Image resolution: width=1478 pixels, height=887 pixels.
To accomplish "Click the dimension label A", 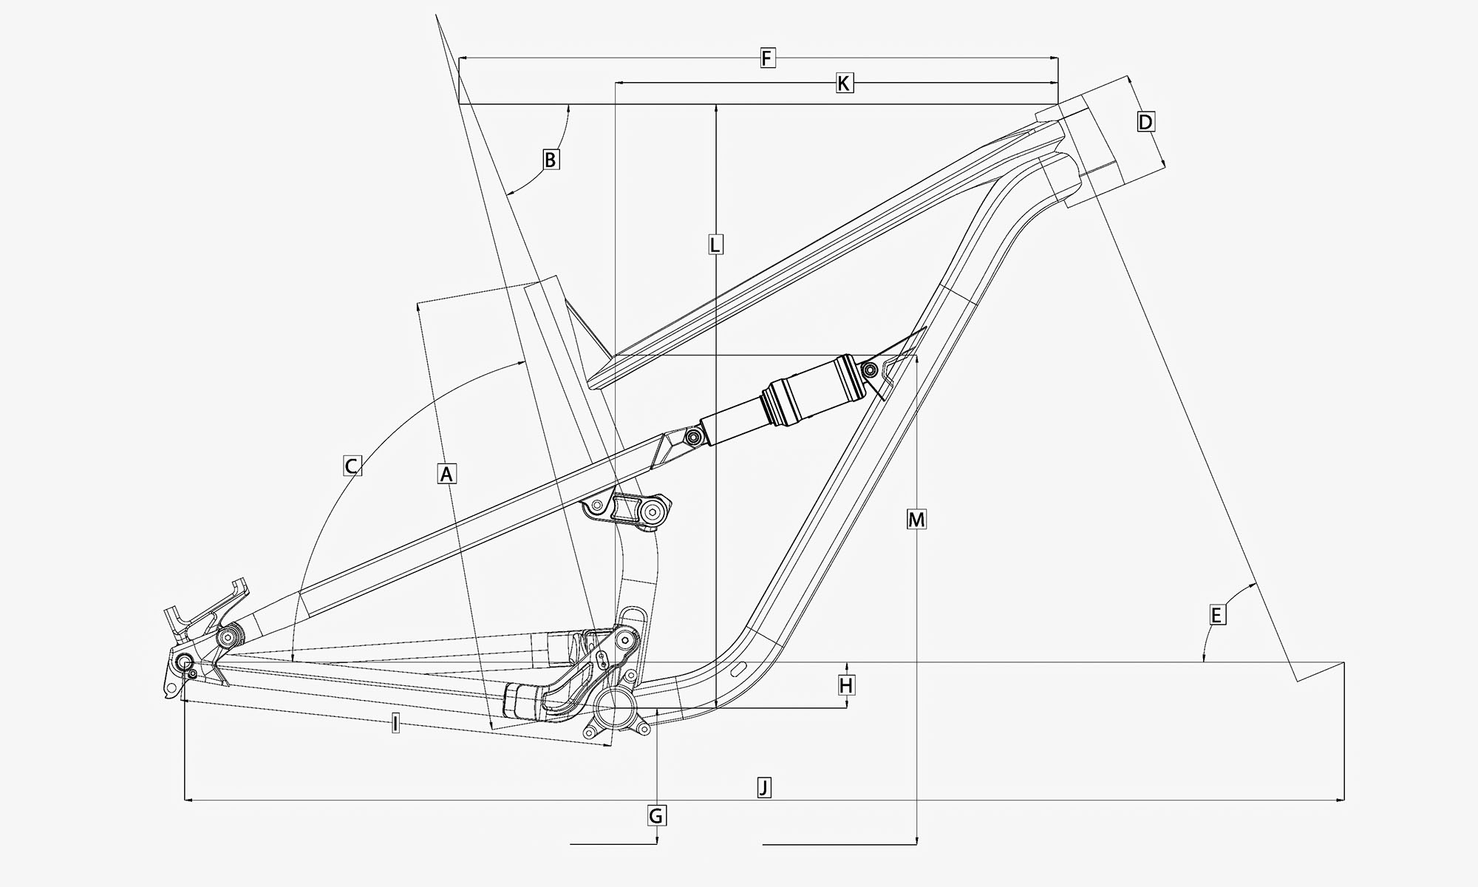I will pos(446,473).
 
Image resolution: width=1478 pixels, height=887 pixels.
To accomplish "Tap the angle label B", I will pos(551,159).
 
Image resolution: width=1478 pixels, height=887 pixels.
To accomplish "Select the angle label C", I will pos(353,466).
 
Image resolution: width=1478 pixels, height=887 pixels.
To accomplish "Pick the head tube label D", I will pos(1145,122).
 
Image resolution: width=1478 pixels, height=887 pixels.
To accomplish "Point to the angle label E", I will pos(1216,614).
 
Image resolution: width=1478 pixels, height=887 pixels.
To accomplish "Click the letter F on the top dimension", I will pos(767,58).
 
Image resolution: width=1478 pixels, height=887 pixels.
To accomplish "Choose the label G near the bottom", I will pos(656,815).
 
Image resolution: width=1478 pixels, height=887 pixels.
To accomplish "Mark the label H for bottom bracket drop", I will pos(846,685).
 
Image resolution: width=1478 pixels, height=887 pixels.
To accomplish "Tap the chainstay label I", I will pos(395,724).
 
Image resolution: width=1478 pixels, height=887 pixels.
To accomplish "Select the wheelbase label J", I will pos(764,786).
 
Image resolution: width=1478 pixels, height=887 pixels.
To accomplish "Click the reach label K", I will pos(844,83).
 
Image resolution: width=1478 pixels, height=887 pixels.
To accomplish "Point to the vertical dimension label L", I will pos(715,244).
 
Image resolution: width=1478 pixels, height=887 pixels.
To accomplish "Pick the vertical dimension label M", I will pos(916,520).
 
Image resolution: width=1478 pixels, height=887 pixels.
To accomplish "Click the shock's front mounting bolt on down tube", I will pos(871,369).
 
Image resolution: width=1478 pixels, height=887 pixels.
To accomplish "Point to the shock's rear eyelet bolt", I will pos(692,438).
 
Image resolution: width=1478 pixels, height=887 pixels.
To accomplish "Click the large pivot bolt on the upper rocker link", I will pos(651,511).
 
